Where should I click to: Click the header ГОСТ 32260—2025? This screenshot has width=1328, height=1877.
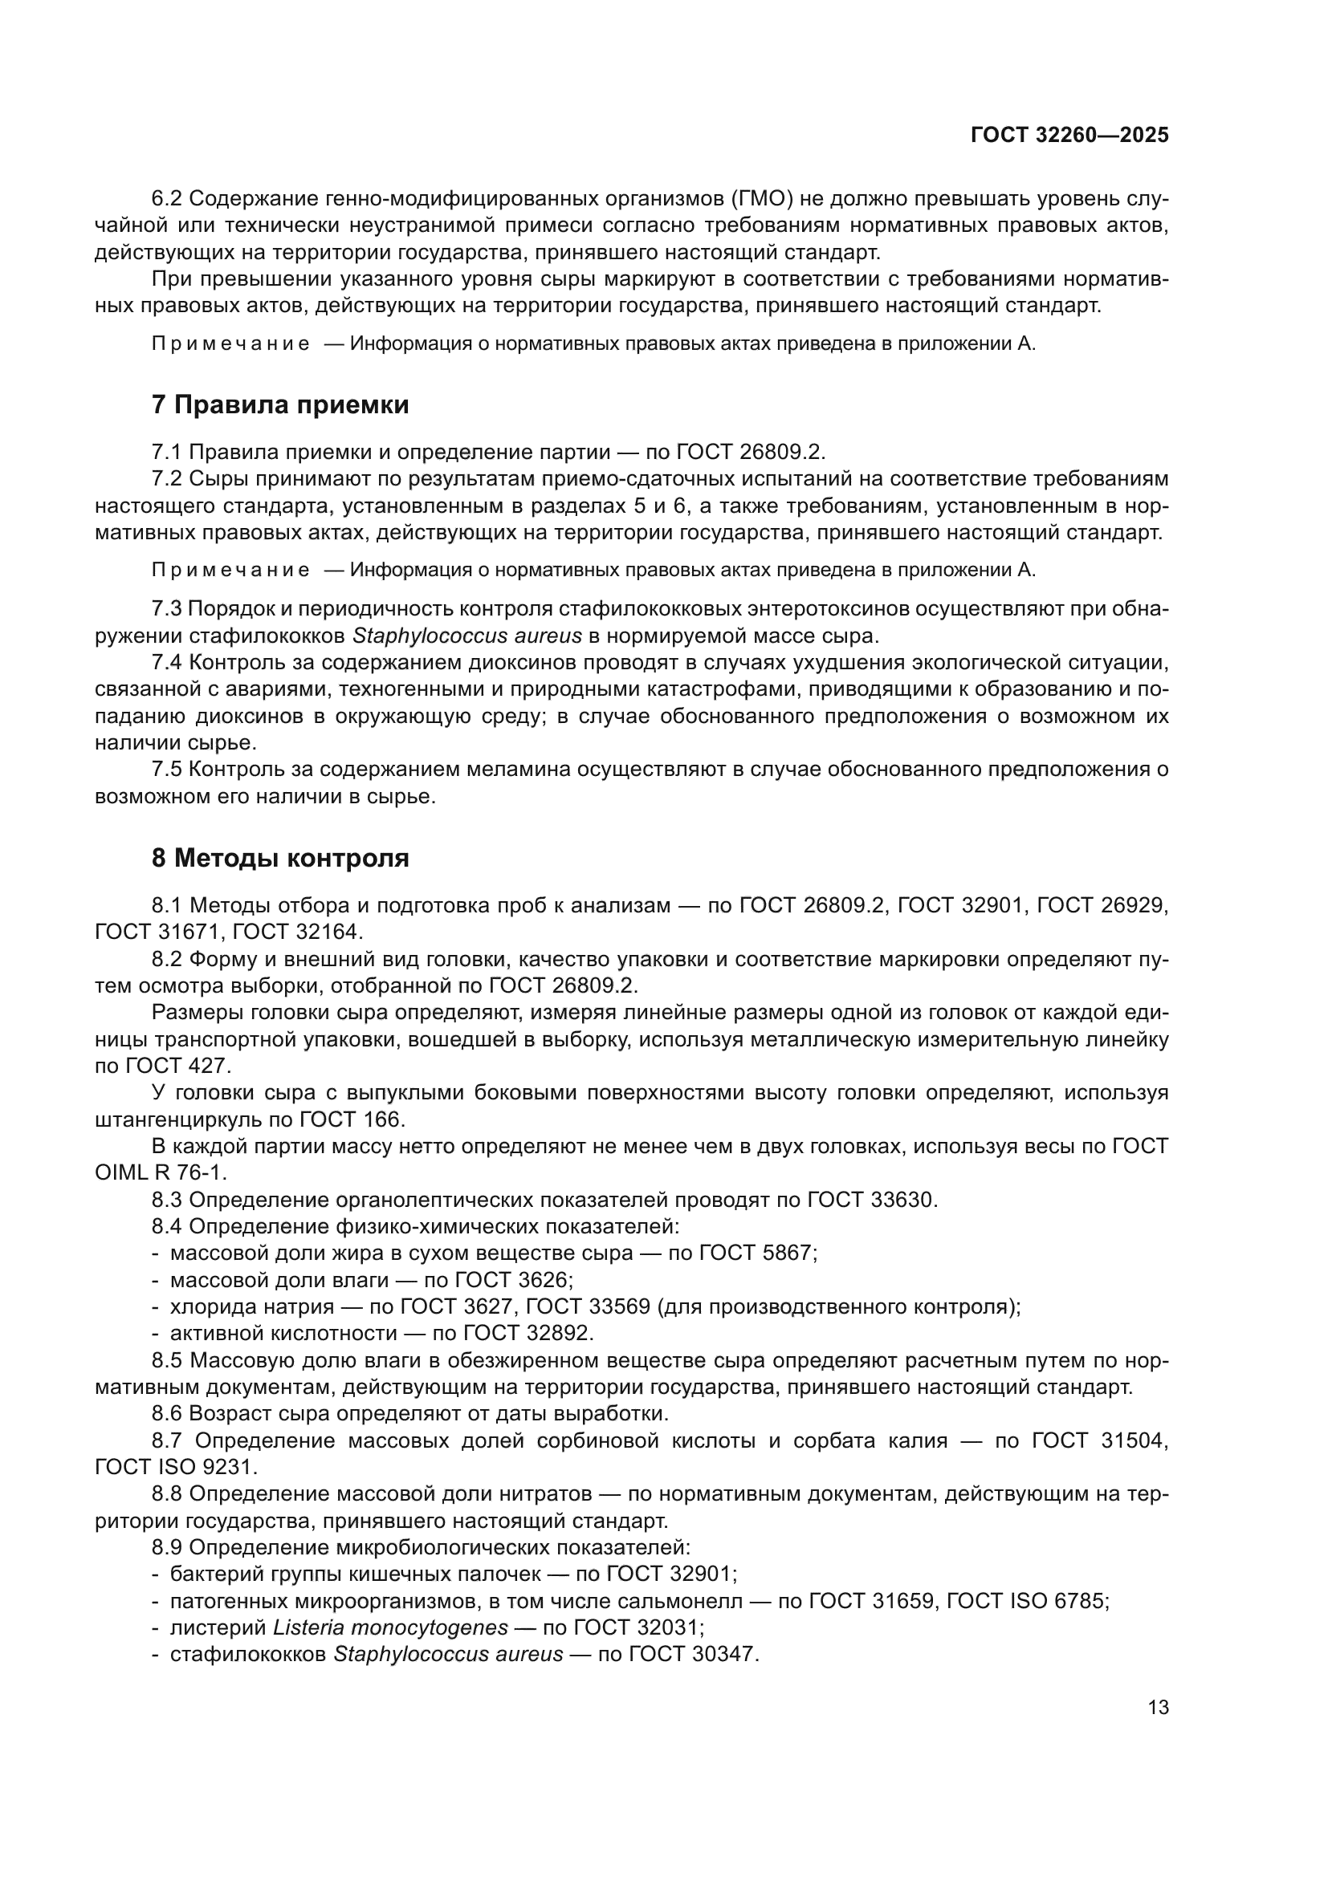click(x=1069, y=136)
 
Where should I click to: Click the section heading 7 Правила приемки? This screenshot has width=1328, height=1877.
click(x=279, y=404)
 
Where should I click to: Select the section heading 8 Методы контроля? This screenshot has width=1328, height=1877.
click(x=279, y=859)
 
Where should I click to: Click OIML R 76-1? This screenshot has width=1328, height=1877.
click(x=161, y=1172)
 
